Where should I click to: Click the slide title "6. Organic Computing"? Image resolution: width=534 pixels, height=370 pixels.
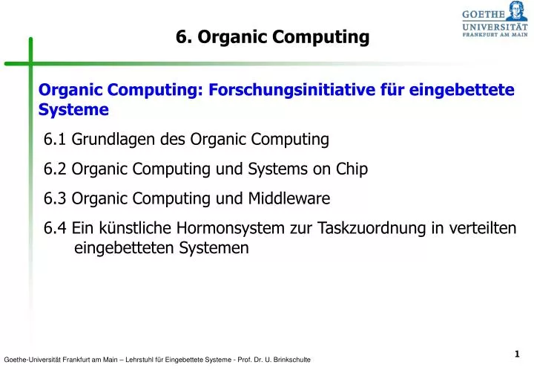point(272,37)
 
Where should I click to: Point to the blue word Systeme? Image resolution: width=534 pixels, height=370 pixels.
point(73,110)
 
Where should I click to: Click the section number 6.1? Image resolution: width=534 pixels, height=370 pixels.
point(55,139)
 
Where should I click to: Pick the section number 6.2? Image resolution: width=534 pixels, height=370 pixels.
point(55,169)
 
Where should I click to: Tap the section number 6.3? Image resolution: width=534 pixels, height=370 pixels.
point(55,198)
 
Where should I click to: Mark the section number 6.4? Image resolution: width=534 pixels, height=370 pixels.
point(55,228)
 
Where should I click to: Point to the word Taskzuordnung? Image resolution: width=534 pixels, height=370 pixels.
point(370,228)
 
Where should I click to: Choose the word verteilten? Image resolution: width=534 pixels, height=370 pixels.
point(486,228)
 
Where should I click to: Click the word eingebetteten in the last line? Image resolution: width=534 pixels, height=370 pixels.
point(125,248)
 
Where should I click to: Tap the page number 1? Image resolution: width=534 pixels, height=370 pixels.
point(515,354)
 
